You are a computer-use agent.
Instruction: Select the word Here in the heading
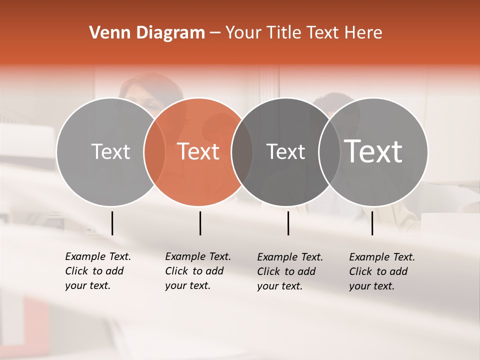click(363, 33)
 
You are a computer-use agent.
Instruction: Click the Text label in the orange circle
click(198, 151)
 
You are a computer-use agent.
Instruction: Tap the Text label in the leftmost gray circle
click(111, 151)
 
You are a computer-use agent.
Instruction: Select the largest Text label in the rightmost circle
click(373, 151)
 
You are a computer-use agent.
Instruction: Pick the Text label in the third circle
click(286, 151)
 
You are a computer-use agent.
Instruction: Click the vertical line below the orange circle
click(200, 223)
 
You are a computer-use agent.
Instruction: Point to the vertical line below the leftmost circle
click(112, 223)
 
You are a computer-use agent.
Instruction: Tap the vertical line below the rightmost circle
click(372, 223)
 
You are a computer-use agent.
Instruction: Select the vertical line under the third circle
click(288, 223)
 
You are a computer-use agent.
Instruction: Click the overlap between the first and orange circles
click(154, 151)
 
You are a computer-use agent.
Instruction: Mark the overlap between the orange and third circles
click(242, 151)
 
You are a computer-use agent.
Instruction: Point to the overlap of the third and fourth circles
click(329, 151)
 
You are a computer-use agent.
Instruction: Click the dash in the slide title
click(215, 33)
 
